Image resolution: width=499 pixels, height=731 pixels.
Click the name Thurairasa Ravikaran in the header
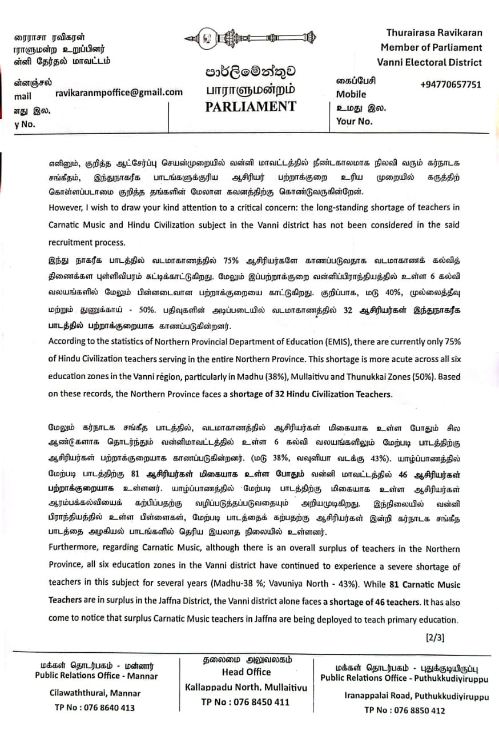(434, 33)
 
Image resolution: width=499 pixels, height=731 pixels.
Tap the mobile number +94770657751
(450, 85)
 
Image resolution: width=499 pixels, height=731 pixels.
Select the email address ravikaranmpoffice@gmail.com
(119, 92)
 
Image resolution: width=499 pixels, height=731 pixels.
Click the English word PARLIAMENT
(251, 107)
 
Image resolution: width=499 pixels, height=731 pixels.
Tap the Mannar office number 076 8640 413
(95, 708)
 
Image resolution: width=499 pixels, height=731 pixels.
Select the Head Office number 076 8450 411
(246, 702)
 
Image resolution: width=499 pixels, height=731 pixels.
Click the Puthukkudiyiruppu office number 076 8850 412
(404, 711)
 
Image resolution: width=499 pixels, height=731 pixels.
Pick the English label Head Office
(247, 672)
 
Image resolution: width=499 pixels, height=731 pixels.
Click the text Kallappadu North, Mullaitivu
(246, 688)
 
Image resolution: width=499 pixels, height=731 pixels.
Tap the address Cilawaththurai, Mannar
(95, 693)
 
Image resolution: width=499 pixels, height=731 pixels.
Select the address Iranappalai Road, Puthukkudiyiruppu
(409, 696)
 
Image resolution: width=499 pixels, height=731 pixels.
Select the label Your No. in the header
(355, 121)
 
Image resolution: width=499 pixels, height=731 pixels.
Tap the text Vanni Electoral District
(429, 63)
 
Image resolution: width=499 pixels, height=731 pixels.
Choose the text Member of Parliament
(431, 48)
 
